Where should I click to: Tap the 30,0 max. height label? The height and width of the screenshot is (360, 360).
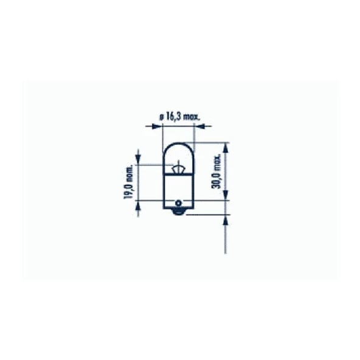tap(216, 173)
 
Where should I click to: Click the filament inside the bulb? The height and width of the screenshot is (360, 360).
tap(178, 168)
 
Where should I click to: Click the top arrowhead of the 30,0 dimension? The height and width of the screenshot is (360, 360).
tap(226, 147)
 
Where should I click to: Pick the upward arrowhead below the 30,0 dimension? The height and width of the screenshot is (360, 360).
tap(226, 220)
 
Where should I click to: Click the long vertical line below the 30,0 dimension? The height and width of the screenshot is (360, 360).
tap(226, 237)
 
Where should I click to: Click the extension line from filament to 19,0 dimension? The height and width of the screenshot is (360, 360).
tap(155, 164)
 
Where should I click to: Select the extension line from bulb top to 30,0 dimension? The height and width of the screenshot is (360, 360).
tap(210, 144)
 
